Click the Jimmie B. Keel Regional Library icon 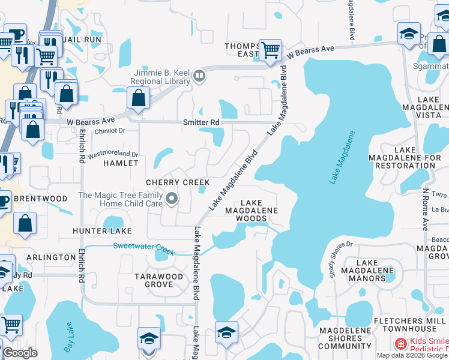199,76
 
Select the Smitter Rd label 201,122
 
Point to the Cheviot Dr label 109,130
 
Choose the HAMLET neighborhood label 121,163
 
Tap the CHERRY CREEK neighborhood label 178,182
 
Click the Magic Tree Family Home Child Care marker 172,198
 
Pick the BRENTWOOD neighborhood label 41,199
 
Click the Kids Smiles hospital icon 399,344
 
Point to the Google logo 20,353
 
